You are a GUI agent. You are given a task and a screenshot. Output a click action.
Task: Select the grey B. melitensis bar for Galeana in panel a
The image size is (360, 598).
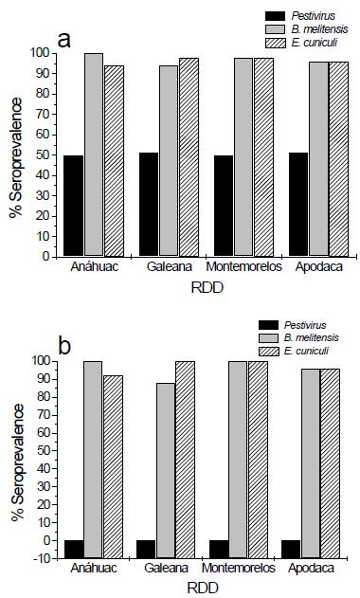pyautogui.click(x=168, y=161)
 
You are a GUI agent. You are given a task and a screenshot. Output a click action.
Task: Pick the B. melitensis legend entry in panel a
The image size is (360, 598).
pyautogui.click(x=303, y=30)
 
